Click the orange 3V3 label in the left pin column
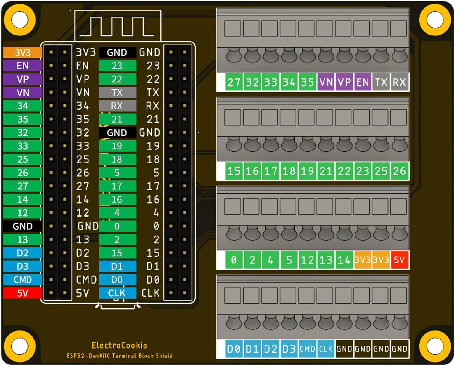[x=23, y=53]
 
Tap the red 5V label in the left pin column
[x=23, y=293]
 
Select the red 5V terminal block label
[x=399, y=260]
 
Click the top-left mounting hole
[x=20, y=20]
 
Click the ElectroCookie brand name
[x=119, y=345]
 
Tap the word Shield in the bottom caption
[x=164, y=356]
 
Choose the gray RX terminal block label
[x=399, y=82]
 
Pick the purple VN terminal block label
[x=326, y=82]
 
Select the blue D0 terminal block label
[x=234, y=349]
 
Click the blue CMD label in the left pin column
[x=23, y=280]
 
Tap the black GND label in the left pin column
[x=23, y=226]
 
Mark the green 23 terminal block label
[x=363, y=171]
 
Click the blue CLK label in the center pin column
[x=117, y=293]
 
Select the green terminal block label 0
[x=234, y=260]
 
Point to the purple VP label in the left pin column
[x=23, y=79]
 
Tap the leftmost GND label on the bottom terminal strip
[x=344, y=349]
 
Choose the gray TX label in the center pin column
[x=117, y=93]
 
